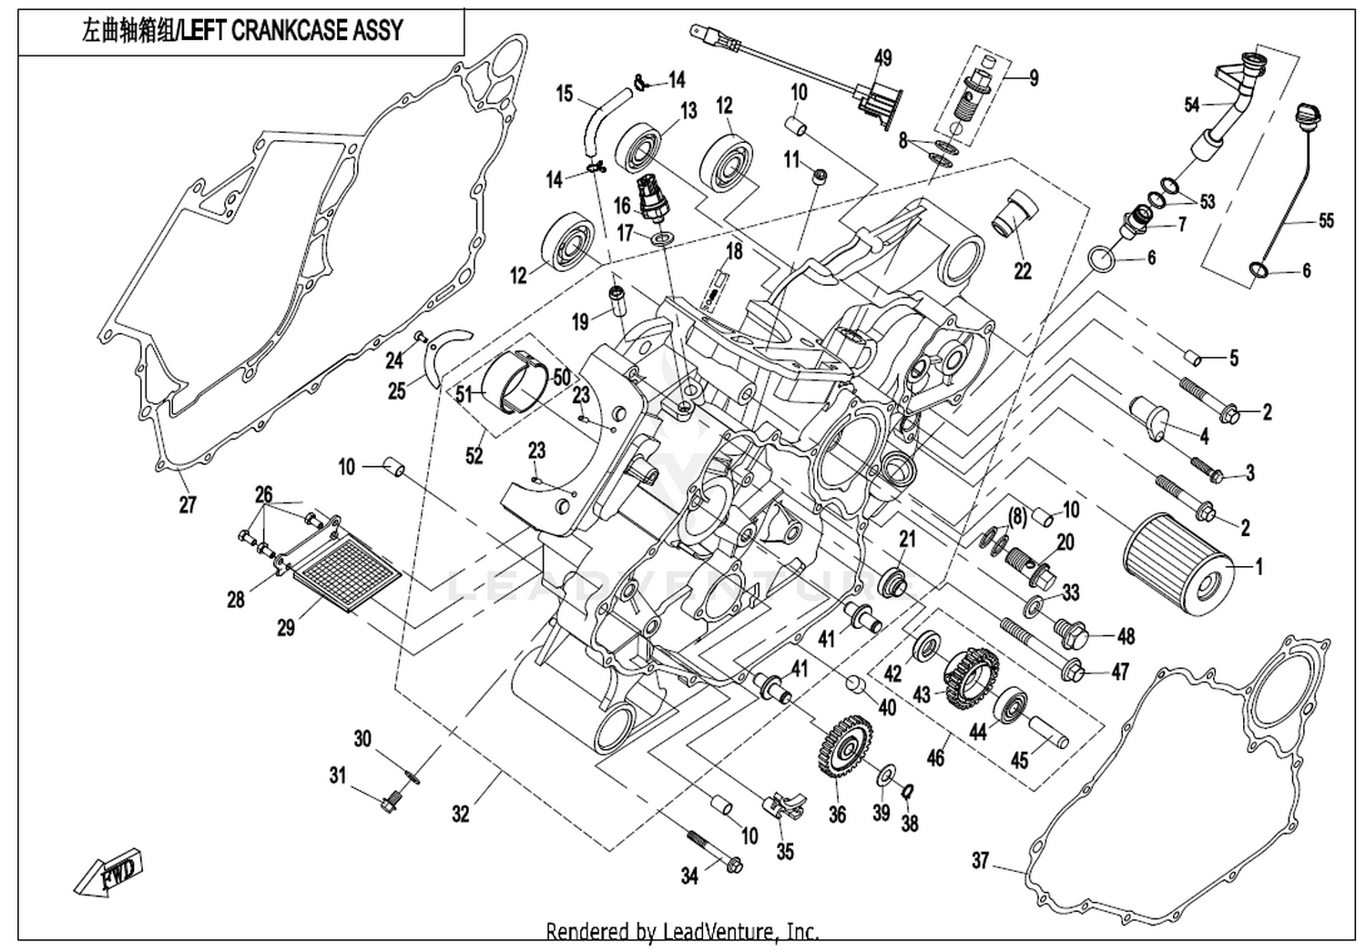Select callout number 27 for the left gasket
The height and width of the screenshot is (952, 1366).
[x=188, y=504]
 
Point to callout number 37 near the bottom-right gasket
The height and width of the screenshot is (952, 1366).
[x=980, y=861]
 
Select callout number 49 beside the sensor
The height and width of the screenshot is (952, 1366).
[x=883, y=58]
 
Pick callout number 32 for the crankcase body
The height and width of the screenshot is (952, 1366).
[x=461, y=814]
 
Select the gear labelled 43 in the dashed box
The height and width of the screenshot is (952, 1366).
[x=972, y=680]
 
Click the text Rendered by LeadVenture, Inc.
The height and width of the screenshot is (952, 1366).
[x=682, y=931]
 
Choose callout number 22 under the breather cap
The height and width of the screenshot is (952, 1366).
[x=1023, y=270]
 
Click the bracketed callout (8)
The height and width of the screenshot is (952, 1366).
[x=1015, y=518]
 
